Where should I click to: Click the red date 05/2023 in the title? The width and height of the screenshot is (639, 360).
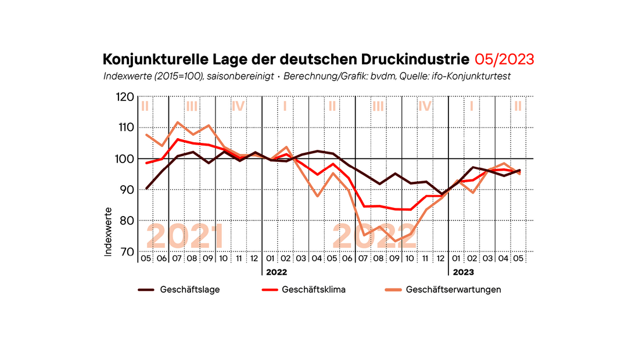tap(504, 59)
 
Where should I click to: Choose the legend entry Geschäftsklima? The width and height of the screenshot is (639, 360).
tap(314, 289)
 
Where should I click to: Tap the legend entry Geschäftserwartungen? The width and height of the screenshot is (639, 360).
tap(453, 289)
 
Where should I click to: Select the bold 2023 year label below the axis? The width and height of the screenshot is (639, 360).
tap(463, 271)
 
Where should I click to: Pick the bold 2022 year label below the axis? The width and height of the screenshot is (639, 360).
tap(277, 271)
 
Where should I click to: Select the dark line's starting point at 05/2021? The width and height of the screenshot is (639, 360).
tap(146, 189)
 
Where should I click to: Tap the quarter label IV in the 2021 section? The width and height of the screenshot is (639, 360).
tap(238, 106)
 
